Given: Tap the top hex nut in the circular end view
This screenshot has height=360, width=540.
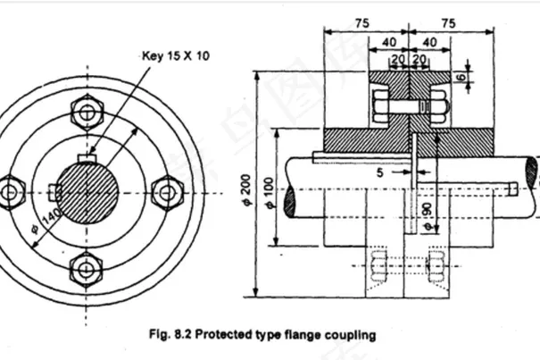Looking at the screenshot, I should tap(89, 113).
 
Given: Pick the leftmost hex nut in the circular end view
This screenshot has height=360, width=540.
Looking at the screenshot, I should tap(12, 190).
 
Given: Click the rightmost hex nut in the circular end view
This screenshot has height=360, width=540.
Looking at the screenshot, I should tap(167, 190).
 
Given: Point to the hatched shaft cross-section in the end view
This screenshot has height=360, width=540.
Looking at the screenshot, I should tap(89, 190).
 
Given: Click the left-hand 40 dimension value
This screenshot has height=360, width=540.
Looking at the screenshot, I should tap(389, 41).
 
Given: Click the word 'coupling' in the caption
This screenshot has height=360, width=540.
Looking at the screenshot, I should tap(351, 336).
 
